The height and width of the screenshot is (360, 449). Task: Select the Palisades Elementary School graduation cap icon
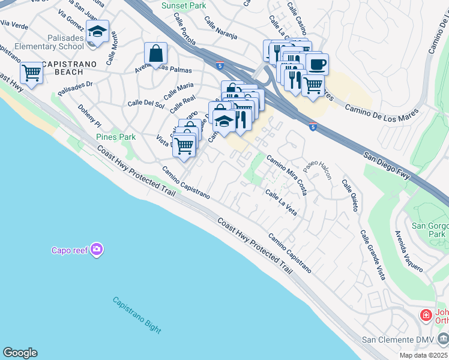click(x=97, y=31)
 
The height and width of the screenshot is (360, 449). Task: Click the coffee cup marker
click(x=316, y=64)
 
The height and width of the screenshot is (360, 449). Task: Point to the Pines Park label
click(x=116, y=137)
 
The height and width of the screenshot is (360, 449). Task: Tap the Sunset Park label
click(x=184, y=5)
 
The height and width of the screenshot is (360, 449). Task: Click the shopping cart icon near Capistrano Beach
click(x=31, y=73)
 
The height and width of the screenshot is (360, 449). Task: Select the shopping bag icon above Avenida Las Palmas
click(x=155, y=53)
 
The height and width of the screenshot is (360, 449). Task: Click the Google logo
click(x=20, y=353)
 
